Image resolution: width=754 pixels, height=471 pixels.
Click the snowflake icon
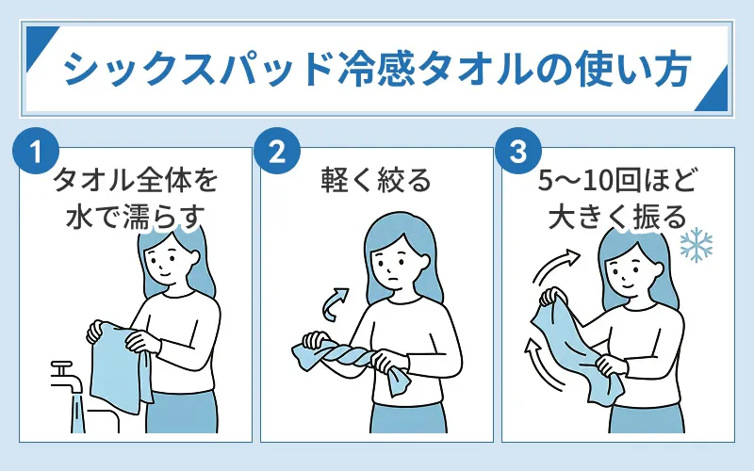(697, 245)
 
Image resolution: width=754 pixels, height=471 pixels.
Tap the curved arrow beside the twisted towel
(331, 303)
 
